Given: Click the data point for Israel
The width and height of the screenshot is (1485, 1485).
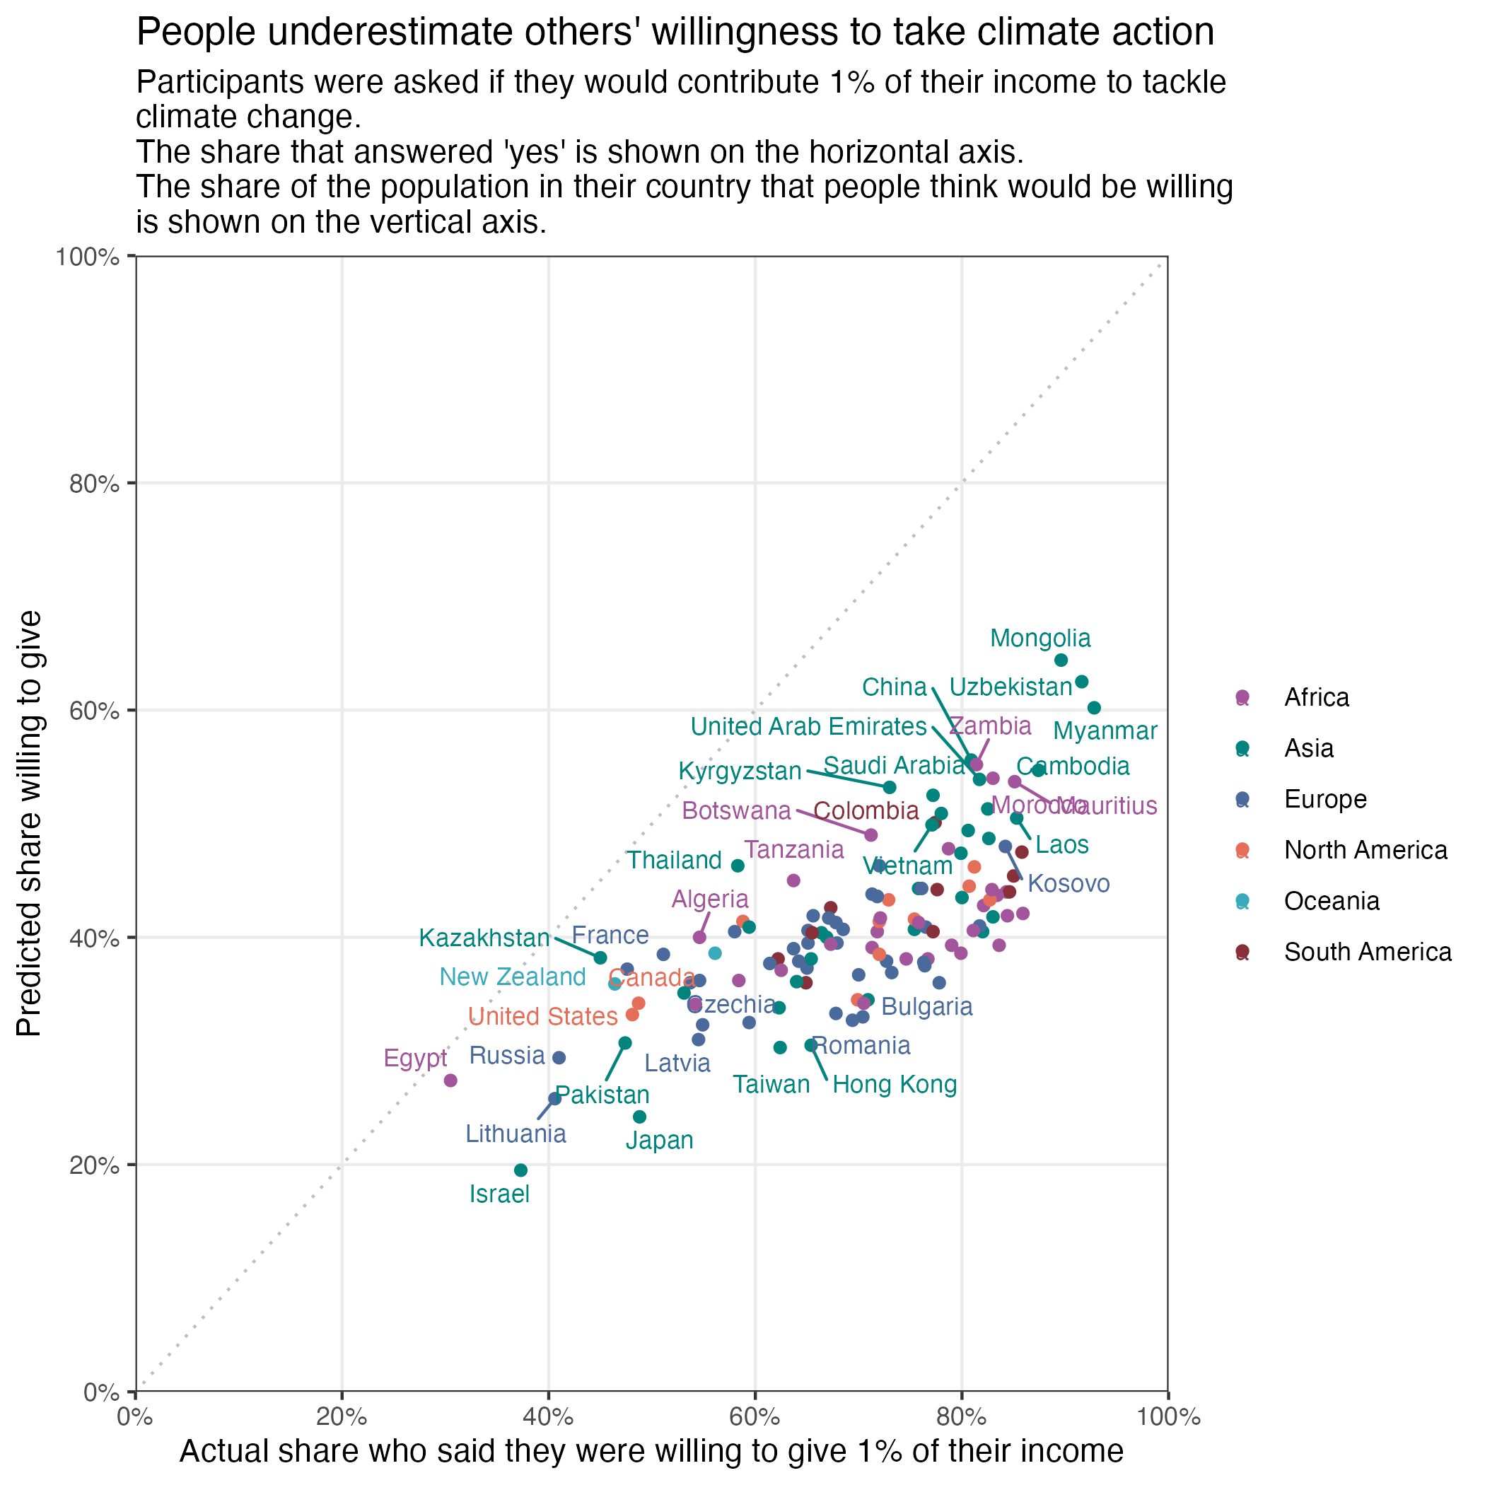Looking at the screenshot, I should coord(520,1170).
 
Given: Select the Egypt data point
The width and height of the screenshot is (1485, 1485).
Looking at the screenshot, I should coord(450,1080).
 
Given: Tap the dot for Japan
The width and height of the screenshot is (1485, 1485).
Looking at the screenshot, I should coord(639,1116).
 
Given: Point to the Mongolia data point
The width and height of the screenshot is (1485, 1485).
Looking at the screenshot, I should coord(1061,660).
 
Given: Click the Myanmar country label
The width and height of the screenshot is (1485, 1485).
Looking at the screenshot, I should coord(1105,731).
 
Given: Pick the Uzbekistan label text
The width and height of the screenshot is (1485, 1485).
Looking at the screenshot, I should coord(1010,687).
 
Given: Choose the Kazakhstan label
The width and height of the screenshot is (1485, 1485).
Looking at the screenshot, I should coord(485,938).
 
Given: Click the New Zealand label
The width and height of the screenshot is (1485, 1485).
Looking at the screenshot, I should coord(513,977).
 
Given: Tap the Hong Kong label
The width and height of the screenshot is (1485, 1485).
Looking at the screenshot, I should coord(895,1085).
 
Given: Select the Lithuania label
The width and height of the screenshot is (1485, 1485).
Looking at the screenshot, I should coord(516,1133).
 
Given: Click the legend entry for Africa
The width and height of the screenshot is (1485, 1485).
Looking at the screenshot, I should coord(1316,697).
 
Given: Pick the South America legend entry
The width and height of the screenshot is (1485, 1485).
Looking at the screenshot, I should coord(1368,952).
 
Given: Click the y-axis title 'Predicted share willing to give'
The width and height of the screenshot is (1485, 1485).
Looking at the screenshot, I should coord(30,823).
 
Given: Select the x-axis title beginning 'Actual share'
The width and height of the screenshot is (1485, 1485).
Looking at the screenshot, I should coord(651,1450).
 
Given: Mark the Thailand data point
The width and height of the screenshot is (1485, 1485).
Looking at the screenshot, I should coord(737,866).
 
